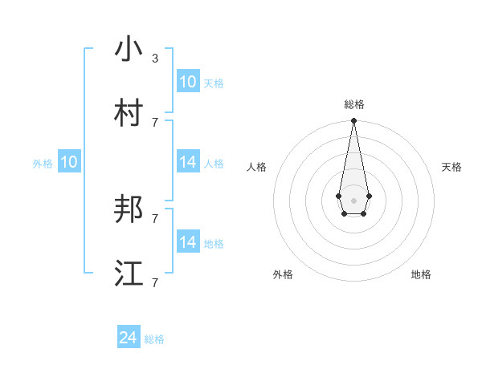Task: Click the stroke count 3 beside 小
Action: point(155,59)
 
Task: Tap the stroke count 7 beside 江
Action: point(155,282)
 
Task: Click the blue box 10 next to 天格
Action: point(187,82)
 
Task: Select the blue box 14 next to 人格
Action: point(187,162)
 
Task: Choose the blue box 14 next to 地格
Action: point(187,242)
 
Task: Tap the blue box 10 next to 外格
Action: point(69,162)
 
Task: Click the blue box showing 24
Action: point(129,338)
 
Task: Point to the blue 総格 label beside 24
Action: point(154,340)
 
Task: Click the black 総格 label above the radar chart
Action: point(354,104)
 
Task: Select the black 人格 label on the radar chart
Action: point(256,167)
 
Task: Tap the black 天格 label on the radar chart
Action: point(451,167)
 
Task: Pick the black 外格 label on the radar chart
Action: point(283,274)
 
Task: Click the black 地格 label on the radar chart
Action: point(421,274)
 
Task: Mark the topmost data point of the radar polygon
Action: point(353,121)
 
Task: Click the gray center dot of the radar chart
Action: point(353,200)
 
